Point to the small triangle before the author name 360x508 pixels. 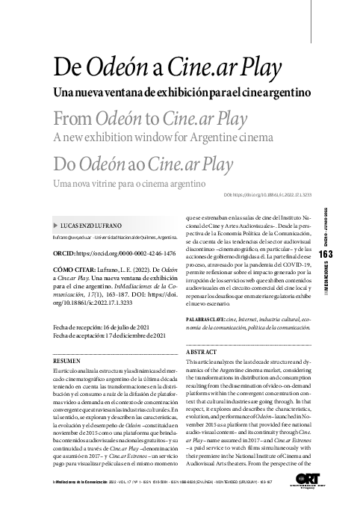[x=48, y=225]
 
